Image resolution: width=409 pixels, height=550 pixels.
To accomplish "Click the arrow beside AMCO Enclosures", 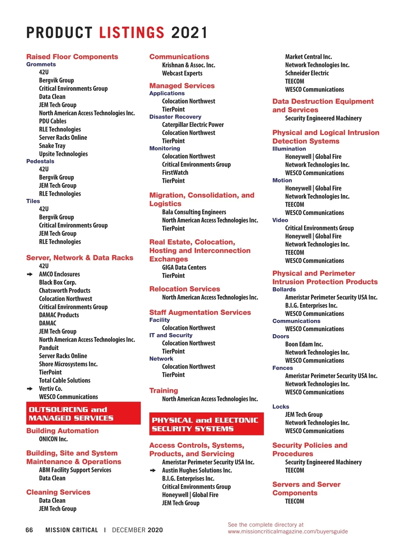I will (30, 274).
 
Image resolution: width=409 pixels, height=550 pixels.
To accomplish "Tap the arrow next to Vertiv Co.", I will (30, 389).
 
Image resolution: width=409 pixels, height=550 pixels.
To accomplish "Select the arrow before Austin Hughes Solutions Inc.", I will (153, 471).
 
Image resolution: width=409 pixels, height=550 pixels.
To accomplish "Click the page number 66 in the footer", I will (29, 530).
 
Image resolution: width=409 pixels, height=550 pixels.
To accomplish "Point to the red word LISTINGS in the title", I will (132, 33).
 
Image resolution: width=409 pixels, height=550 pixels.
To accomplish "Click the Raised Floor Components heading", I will (72, 57).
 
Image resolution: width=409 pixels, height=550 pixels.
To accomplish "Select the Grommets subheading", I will (41, 64).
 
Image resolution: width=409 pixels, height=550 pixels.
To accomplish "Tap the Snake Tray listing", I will (52, 146).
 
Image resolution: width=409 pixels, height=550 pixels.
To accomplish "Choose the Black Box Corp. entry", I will (58, 282).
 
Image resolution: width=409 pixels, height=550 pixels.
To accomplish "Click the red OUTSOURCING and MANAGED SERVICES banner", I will (83, 413).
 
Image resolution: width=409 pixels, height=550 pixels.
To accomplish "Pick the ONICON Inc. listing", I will (53, 439).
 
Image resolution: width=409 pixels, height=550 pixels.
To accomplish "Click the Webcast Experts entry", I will (182, 73).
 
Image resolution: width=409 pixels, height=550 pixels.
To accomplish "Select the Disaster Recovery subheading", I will (175, 117).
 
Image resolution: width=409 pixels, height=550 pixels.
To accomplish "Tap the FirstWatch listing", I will (175, 173).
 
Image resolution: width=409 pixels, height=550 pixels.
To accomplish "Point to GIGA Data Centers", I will (184, 268).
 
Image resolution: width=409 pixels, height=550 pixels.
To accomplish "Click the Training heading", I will (164, 391).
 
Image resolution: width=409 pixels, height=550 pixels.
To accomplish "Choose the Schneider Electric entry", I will (307, 73).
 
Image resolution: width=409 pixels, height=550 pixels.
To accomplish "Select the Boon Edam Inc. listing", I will (304, 344).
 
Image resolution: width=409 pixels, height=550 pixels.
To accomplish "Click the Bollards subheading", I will (284, 289).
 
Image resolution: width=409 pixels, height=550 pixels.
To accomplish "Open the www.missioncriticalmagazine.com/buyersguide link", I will (288, 531).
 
